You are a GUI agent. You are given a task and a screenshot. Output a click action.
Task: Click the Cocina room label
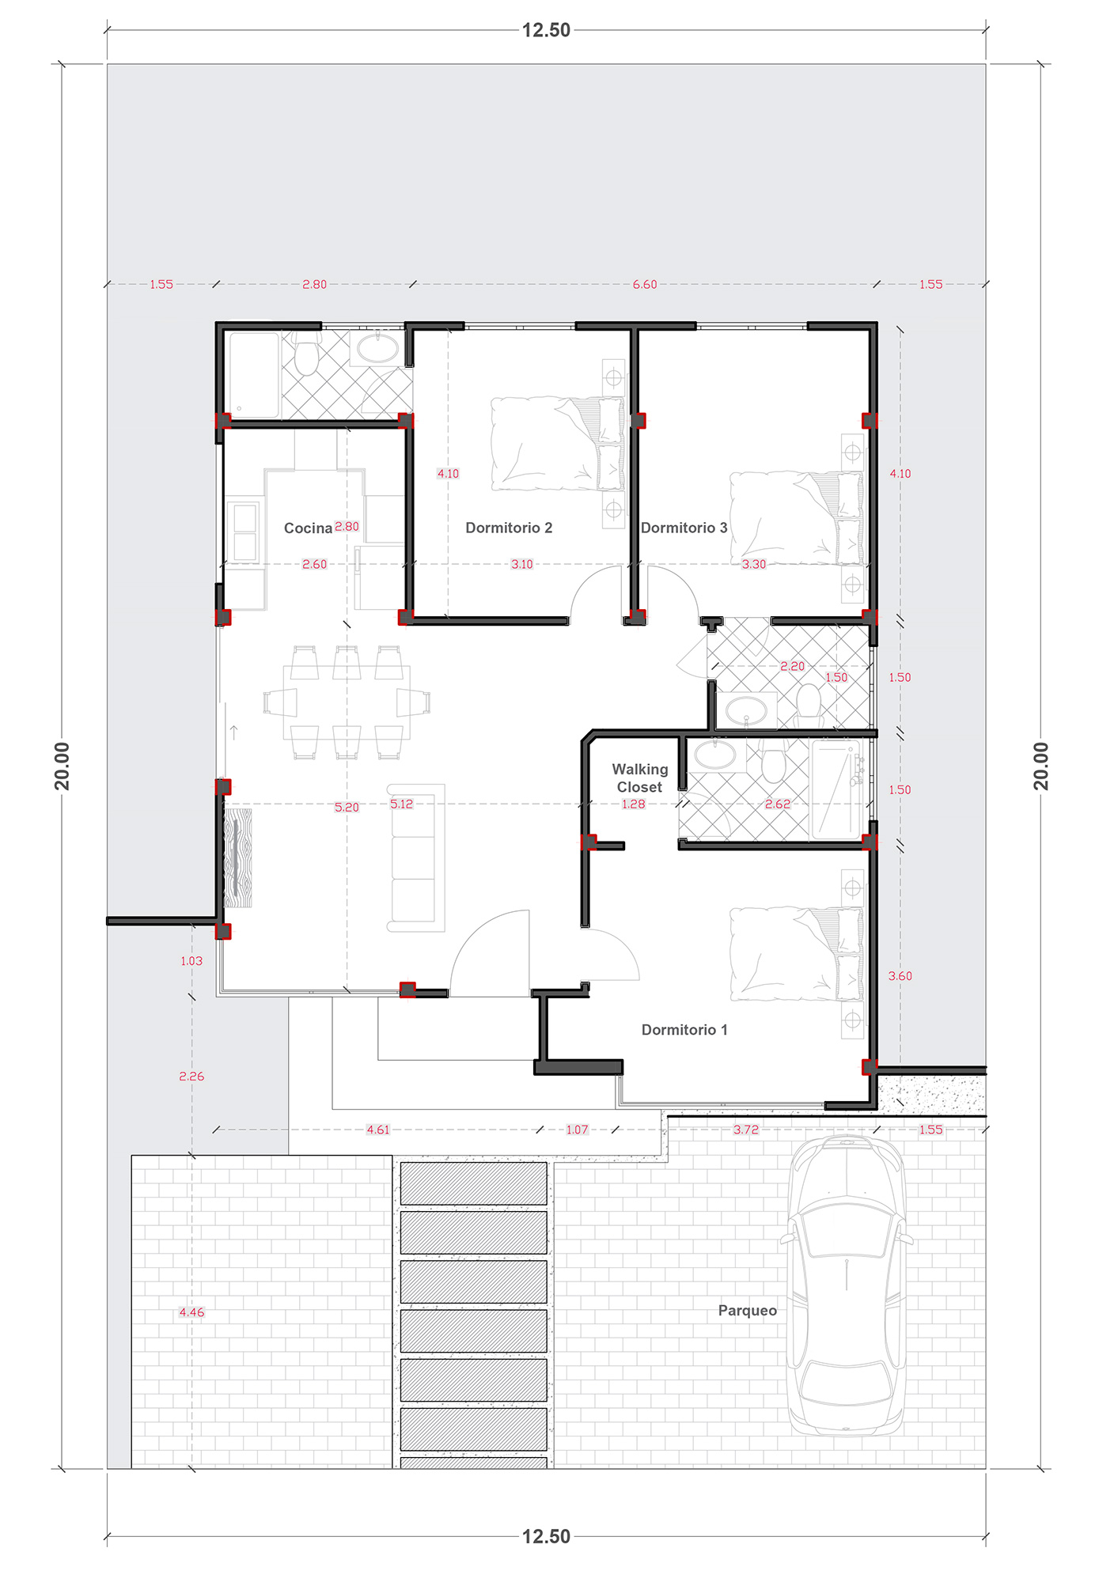pos(308,528)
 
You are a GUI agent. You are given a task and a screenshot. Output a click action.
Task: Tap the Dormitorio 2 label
pos(509,528)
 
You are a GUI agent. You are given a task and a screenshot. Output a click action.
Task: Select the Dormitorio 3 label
pos(684,528)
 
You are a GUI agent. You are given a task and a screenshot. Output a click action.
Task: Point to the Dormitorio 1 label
pos(684,1029)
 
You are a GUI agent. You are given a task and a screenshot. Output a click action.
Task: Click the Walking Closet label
pos(640,778)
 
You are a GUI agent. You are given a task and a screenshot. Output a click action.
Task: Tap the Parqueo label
pos(748,1311)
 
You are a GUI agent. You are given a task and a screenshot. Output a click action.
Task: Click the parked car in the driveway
pos(847,1285)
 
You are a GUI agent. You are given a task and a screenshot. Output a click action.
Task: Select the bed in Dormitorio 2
pos(557,443)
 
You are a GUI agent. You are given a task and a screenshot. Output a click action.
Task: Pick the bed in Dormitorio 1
pos(796,954)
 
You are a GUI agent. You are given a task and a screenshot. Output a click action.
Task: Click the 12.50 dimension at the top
pos(546,30)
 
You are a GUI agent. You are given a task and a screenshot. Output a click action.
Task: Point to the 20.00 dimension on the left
pos(62,766)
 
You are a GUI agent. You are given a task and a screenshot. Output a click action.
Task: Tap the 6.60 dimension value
pos(645,284)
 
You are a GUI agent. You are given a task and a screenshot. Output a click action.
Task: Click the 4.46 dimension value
pos(191,1312)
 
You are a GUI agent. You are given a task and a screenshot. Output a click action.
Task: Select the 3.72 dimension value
pos(745,1130)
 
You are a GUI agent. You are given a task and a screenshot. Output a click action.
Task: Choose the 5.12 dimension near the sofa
pos(401,804)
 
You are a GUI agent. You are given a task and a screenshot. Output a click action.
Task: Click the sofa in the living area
pos(415,858)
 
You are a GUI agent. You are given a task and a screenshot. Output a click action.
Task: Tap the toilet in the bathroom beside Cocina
pos(306,354)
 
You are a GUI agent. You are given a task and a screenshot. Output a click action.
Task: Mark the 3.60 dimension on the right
pos(900,976)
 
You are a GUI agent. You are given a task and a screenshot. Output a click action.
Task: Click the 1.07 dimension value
pos(578,1130)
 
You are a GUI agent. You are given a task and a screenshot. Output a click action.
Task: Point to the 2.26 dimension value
pos(191,1077)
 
